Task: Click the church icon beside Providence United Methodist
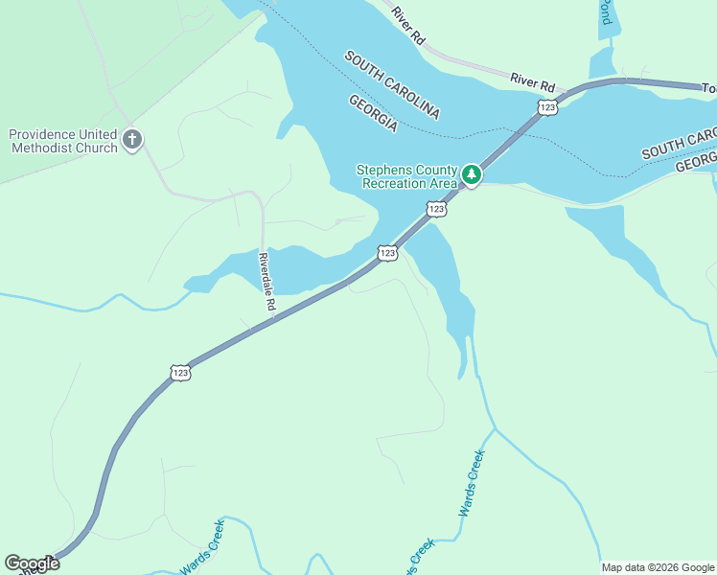click(x=132, y=141)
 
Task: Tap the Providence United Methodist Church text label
click(x=63, y=141)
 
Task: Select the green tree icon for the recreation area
click(x=471, y=174)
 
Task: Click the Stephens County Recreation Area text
click(x=407, y=175)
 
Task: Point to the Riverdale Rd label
click(x=267, y=282)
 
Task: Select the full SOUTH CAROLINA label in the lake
click(x=392, y=85)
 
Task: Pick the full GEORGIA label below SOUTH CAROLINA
click(x=373, y=113)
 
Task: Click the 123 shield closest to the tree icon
click(x=436, y=208)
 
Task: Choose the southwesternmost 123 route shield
click(x=180, y=372)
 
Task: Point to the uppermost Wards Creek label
click(x=473, y=482)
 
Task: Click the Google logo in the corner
click(x=32, y=563)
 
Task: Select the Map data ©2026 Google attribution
click(x=658, y=567)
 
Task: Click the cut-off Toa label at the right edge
click(x=708, y=88)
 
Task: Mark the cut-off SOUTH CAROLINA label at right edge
click(x=679, y=143)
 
